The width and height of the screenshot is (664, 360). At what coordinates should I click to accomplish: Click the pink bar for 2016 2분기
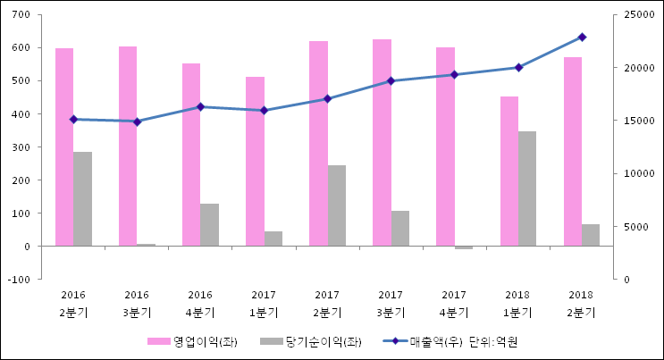click(64, 147)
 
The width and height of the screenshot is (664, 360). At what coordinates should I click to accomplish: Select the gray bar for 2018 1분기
click(527, 188)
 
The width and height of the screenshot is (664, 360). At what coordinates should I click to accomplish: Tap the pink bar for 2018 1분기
click(509, 171)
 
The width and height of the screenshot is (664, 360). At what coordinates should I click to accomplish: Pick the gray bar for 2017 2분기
click(336, 205)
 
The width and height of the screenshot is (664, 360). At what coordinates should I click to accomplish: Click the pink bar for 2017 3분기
click(382, 143)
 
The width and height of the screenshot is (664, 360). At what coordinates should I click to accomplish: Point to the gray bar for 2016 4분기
click(209, 225)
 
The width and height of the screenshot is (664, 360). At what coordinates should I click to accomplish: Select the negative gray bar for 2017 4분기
click(463, 247)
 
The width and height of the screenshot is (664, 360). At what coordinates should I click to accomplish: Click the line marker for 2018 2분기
click(582, 37)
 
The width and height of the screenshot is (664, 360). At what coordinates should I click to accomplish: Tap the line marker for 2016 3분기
click(137, 121)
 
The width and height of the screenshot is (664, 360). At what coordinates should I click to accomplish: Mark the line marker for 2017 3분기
click(391, 81)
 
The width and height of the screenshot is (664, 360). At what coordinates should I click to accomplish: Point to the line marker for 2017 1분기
click(264, 111)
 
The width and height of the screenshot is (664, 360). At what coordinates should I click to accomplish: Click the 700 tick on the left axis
click(21, 15)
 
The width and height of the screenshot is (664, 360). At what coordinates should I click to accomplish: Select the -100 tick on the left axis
click(20, 280)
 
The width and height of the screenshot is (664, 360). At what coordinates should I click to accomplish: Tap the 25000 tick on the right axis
click(631, 15)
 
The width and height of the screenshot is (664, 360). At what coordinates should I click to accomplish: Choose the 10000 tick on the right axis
click(631, 174)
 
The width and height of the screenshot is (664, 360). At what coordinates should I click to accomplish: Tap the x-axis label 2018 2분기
click(581, 304)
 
